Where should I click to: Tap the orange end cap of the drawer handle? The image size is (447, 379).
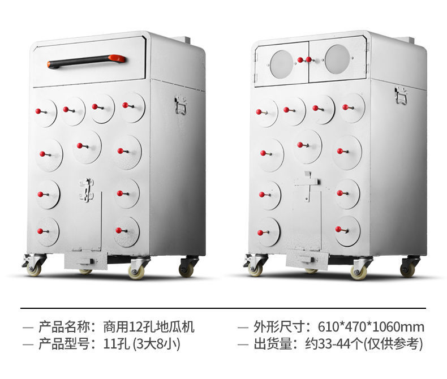117,58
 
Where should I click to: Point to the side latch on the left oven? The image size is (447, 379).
181,105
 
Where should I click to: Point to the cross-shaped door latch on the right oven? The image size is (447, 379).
306,184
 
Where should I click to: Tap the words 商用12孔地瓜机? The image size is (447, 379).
149,327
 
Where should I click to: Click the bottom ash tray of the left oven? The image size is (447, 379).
85,260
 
